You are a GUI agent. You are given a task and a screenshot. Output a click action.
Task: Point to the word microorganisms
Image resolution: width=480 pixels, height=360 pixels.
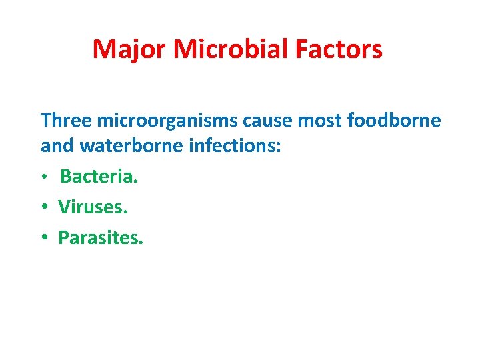167,121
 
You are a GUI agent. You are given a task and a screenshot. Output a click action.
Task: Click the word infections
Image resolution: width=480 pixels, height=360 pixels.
232,145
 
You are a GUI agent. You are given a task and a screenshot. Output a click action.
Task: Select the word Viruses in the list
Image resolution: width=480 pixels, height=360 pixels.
91,207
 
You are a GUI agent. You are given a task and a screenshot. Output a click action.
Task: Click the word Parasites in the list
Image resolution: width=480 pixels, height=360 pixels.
99,237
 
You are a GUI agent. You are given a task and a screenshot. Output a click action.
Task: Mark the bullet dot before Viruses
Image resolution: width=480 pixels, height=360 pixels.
45,208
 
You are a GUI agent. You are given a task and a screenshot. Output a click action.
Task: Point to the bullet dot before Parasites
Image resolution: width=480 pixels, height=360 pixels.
45,238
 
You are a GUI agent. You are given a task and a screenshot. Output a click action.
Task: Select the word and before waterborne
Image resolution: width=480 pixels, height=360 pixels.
55,145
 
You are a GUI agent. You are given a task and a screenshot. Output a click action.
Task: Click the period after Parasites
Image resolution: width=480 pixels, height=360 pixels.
141,243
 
